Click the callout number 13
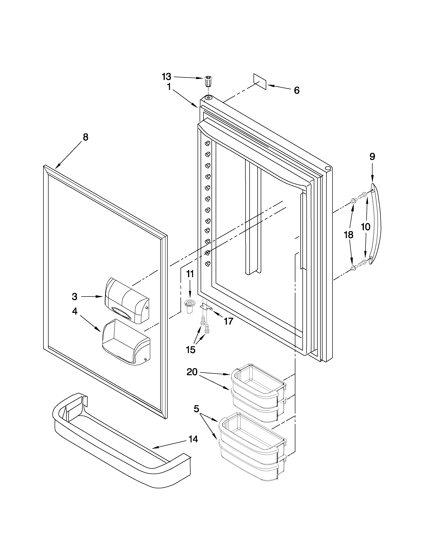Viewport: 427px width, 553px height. [166, 76]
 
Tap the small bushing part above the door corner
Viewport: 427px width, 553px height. [208, 81]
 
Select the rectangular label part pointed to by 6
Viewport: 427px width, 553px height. [260, 82]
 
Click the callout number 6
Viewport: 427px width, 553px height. [297, 90]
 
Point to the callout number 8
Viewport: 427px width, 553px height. [86, 137]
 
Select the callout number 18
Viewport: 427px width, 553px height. [349, 235]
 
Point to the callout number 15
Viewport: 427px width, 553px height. [191, 350]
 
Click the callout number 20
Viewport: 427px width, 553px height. [192, 372]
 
